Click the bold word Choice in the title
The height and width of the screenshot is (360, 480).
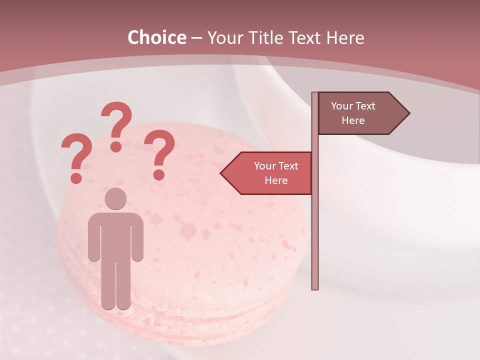click(156, 37)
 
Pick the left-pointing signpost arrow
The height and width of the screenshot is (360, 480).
click(267, 173)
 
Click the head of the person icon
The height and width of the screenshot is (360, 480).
click(115, 198)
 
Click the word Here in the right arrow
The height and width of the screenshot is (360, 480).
click(353, 120)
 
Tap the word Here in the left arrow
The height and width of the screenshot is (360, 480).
click(276, 180)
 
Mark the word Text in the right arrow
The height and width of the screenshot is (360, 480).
click(365, 106)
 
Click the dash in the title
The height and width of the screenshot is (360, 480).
click(196, 38)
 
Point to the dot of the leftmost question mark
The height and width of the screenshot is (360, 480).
click(76, 178)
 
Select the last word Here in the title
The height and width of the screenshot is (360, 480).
click(344, 38)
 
